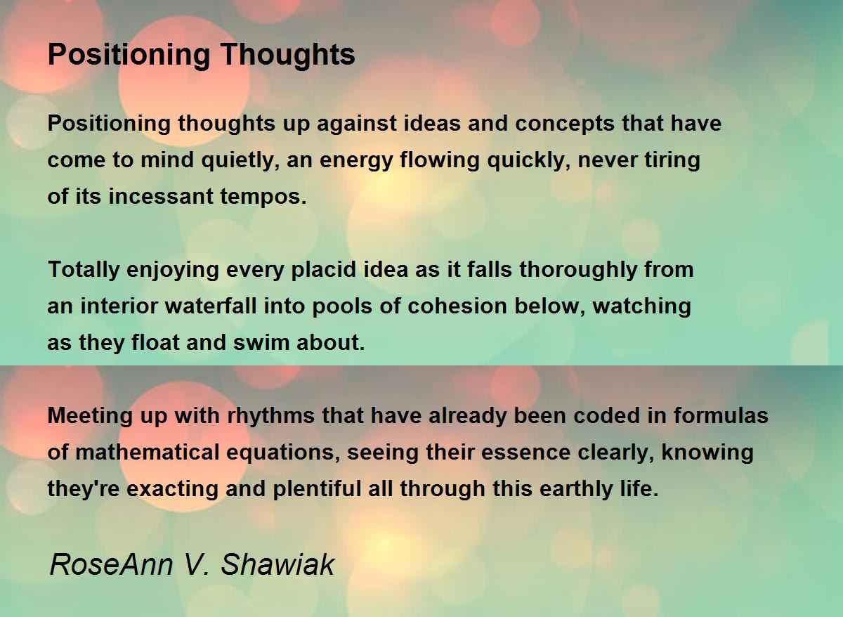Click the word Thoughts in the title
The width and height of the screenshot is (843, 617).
287,56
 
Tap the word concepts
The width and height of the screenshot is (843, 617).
565,124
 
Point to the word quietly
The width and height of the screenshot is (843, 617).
240,160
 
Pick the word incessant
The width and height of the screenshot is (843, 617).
161,197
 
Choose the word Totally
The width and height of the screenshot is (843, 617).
84,271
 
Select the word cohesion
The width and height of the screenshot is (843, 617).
457,306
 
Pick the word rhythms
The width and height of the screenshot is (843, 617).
271,416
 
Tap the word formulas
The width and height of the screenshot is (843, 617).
721,415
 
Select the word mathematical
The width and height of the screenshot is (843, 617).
148,452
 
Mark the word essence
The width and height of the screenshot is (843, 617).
525,453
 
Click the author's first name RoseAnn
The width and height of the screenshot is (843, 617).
112,564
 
